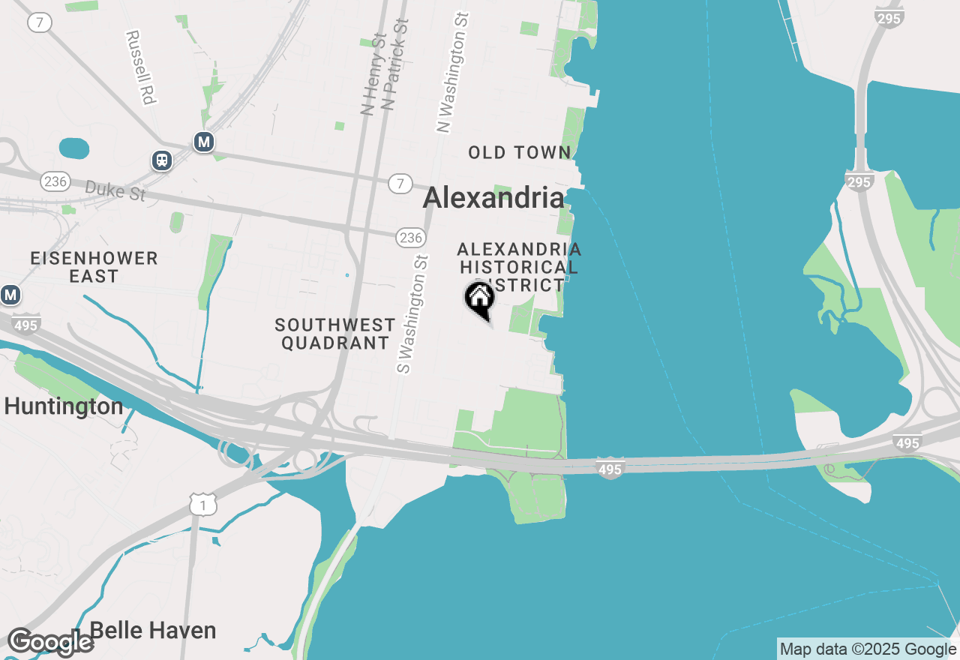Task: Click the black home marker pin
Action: coord(480,299)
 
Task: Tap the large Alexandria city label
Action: coord(493,198)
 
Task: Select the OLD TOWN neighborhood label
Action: coord(520,153)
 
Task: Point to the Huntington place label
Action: coord(64,406)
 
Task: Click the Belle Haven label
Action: coord(153,631)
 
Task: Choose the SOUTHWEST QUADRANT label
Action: coord(334,334)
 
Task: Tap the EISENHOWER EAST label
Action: coord(94,267)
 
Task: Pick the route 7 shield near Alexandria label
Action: coord(401,182)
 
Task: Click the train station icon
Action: coord(161,160)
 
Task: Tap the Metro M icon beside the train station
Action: coord(203,141)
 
